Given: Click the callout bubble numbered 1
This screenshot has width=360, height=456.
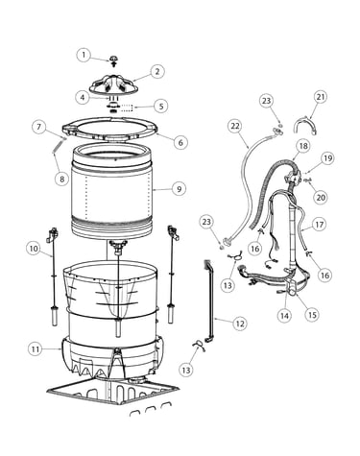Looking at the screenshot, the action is click(84, 55).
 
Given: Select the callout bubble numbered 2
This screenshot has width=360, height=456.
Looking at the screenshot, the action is click(156, 71).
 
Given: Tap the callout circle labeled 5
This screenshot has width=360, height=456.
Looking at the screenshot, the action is click(161, 107).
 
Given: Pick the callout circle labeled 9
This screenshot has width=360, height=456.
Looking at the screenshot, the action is click(179, 189).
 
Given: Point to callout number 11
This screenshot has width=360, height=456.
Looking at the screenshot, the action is click(36, 349).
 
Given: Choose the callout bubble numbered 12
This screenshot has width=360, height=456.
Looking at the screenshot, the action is click(240, 324).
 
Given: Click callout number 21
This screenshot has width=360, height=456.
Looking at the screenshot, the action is click(321, 97).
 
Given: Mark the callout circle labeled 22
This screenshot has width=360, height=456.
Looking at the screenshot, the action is click(235, 126).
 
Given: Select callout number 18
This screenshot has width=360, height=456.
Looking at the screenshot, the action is click(303, 146).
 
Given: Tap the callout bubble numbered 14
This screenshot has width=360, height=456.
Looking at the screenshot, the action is click(284, 316).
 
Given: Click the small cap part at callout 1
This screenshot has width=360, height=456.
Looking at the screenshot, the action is click(113, 60).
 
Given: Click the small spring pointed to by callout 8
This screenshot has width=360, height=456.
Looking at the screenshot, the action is click(58, 148).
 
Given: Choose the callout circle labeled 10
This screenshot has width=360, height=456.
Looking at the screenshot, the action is click(34, 249).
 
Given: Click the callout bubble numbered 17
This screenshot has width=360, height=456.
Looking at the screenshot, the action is click(320, 225).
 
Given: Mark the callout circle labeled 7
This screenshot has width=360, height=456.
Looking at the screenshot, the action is click(39, 127).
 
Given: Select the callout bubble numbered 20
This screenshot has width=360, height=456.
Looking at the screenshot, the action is click(321, 198).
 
